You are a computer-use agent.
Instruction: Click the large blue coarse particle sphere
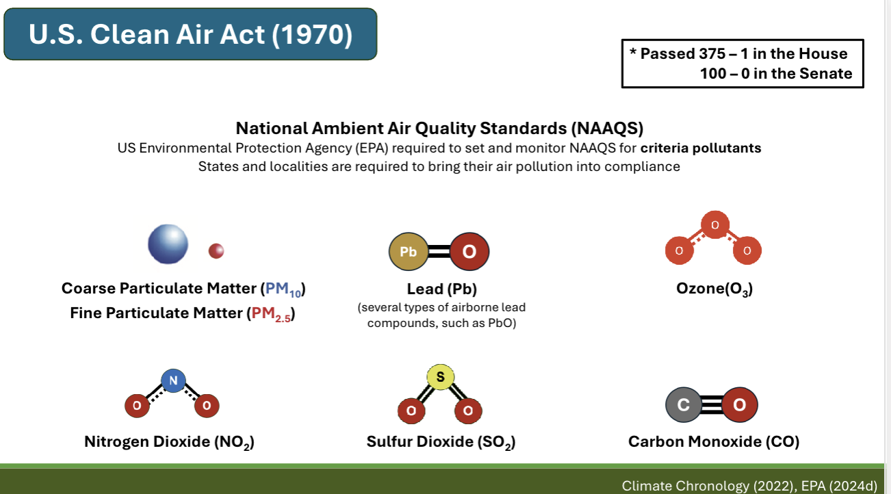pyautogui.click(x=168, y=244)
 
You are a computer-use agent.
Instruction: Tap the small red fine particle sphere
pyautogui.click(x=216, y=251)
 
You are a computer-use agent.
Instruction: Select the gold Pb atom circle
pyautogui.click(x=408, y=252)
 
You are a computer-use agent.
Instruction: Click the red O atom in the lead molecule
pyautogui.click(x=469, y=252)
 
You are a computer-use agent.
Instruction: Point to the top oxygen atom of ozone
pyautogui.click(x=714, y=224)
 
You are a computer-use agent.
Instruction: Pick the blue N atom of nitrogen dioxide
pyautogui.click(x=173, y=380)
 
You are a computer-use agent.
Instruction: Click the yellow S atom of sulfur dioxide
pyautogui.click(x=440, y=377)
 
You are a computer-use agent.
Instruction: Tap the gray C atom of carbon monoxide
pyautogui.click(x=684, y=405)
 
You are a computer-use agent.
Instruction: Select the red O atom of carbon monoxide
pyautogui.click(x=739, y=405)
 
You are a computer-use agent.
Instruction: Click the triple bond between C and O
pyautogui.click(x=711, y=405)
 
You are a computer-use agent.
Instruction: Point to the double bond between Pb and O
pyautogui.click(x=438, y=252)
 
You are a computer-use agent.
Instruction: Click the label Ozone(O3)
pyautogui.click(x=714, y=289)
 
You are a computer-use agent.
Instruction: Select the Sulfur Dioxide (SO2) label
pyautogui.click(x=441, y=443)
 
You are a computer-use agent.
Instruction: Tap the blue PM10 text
pyautogui.click(x=282, y=289)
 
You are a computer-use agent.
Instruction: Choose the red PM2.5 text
pyautogui.click(x=270, y=314)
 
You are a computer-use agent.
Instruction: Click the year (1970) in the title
pyautogui.click(x=312, y=35)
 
